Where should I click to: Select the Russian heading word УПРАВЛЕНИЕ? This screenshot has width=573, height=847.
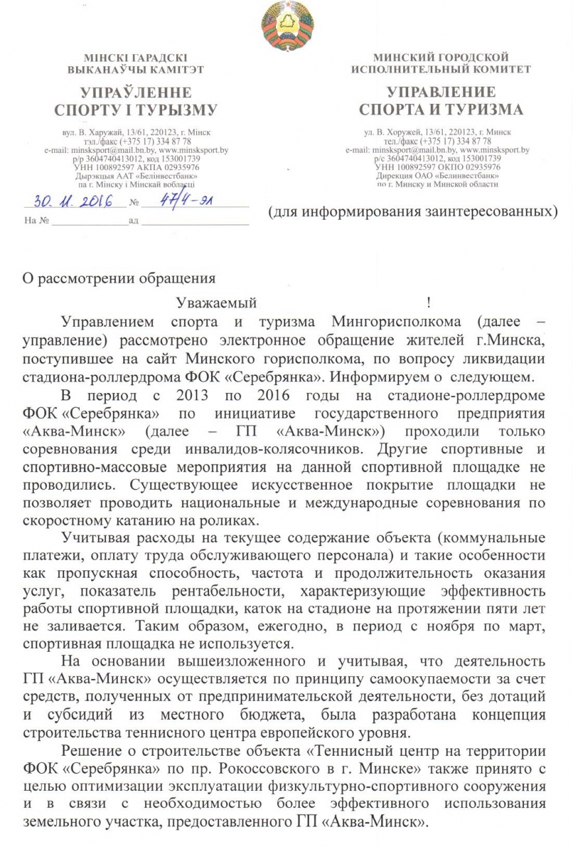(441, 91)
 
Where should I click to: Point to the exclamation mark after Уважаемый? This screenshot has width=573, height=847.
(429, 304)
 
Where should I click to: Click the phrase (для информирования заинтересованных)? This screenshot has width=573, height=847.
(412, 212)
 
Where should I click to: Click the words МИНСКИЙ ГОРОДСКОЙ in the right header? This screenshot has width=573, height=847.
(441, 58)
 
